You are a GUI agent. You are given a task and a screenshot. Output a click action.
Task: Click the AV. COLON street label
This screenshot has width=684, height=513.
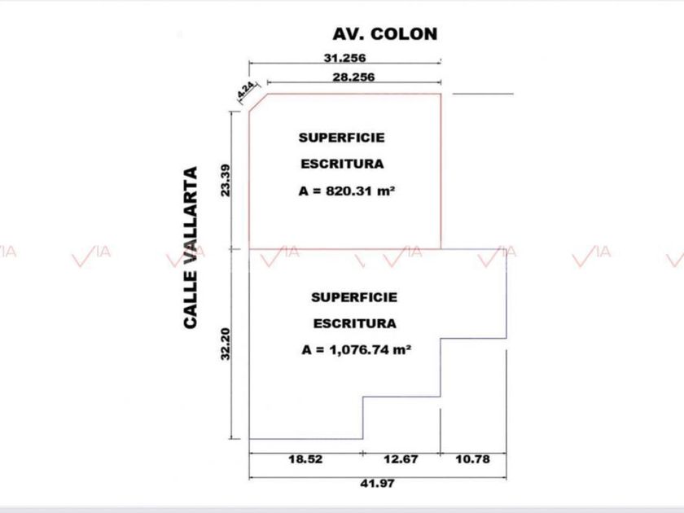(x=384, y=33)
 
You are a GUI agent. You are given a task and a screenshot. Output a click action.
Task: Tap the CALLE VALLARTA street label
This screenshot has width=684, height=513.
(x=191, y=248)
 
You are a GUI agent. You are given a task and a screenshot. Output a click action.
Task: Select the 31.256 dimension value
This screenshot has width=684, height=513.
(x=344, y=58)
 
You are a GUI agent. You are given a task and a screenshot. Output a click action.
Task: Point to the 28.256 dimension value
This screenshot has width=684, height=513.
(x=353, y=77)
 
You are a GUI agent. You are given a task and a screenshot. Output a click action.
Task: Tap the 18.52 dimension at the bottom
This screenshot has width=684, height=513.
(x=305, y=459)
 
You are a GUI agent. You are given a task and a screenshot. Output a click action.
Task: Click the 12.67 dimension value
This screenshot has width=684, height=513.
(x=401, y=459)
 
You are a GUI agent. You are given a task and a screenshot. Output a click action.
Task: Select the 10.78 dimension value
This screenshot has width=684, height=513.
(x=472, y=459)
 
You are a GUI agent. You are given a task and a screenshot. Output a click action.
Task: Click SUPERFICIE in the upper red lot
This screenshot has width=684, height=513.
(x=341, y=138)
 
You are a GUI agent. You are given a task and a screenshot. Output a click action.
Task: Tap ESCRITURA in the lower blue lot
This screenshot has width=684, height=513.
(x=355, y=323)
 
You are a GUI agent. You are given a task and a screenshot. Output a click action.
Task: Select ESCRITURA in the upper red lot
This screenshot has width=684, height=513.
(x=342, y=164)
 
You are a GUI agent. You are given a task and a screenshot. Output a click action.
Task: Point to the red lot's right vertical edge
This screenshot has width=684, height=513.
(x=441, y=171)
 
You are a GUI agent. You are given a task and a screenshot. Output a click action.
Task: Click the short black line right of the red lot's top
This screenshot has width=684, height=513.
(x=483, y=94)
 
